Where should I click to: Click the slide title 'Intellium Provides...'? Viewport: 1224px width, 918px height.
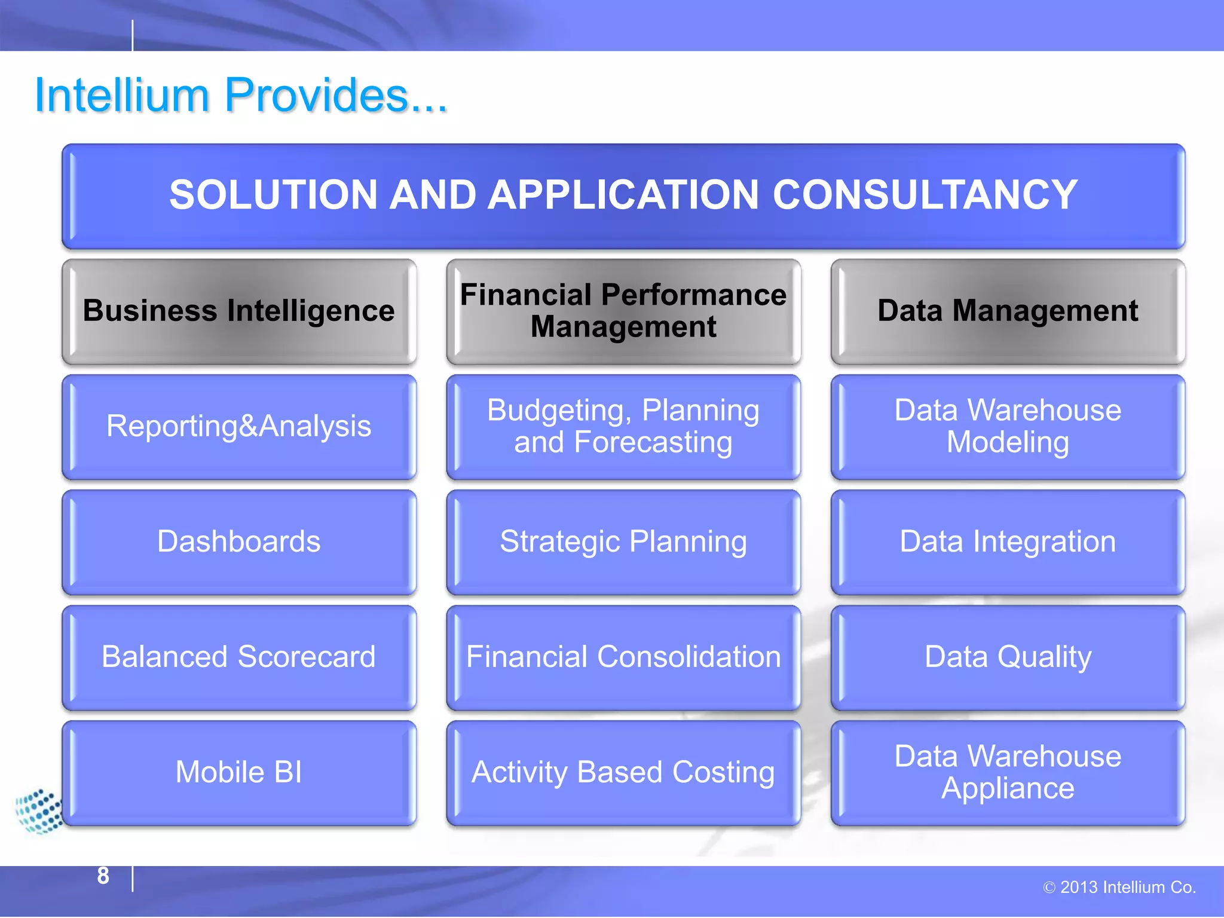click(x=241, y=96)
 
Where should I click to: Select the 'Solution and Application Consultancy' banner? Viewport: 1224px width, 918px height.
click(x=623, y=196)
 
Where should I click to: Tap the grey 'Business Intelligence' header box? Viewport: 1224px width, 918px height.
click(x=239, y=311)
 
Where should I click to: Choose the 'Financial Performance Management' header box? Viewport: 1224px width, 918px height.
click(x=623, y=311)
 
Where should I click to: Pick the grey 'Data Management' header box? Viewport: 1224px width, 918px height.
click(x=1008, y=311)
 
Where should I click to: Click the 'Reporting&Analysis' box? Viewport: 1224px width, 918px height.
click(x=239, y=427)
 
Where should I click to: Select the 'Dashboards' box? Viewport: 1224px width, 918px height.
click(x=239, y=542)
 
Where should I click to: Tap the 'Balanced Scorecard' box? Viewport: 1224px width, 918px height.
click(x=239, y=657)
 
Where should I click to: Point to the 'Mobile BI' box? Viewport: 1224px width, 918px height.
click(x=239, y=773)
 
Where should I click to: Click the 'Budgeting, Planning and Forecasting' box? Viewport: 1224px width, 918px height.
click(x=623, y=427)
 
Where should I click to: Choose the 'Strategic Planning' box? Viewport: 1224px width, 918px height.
click(x=623, y=542)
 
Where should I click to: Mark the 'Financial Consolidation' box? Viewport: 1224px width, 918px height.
click(x=623, y=657)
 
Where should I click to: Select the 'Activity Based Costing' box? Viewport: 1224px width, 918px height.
click(x=623, y=773)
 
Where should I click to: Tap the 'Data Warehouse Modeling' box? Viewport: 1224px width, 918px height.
click(x=1008, y=427)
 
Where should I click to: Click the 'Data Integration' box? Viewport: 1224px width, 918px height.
click(x=1008, y=542)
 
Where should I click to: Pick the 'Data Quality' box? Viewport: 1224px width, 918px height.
click(x=1008, y=657)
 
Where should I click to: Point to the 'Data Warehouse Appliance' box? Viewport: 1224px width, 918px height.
click(x=1008, y=773)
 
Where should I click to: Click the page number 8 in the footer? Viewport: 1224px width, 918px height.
click(x=103, y=876)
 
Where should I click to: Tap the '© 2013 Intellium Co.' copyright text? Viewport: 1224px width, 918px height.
click(x=1119, y=888)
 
